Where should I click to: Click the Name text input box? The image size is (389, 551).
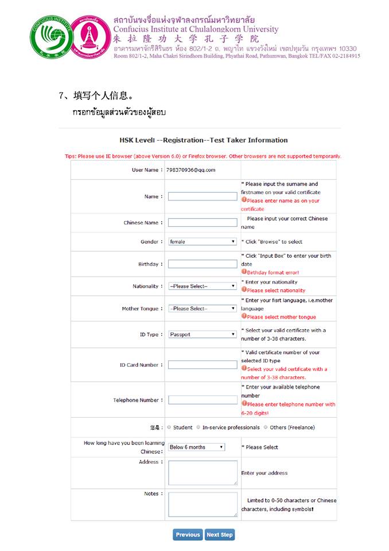[202, 196]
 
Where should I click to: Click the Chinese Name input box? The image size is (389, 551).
[202, 223]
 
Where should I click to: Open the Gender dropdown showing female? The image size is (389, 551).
[202, 242]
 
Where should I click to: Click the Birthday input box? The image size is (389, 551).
[202, 264]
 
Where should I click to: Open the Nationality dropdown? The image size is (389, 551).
[202, 286]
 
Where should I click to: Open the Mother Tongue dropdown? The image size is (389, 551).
[202, 308]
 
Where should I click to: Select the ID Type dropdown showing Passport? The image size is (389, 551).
[202, 334]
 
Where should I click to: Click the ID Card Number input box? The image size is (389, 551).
[202, 364]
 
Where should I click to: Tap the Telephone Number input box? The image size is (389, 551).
[202, 400]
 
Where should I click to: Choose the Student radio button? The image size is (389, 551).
[169, 427]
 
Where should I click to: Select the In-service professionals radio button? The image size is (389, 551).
[199, 427]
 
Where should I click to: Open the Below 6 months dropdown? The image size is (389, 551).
[196, 447]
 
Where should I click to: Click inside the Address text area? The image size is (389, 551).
[203, 473]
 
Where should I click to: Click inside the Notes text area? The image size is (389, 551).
[203, 505]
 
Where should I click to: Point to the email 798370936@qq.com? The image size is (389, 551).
[190, 170]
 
